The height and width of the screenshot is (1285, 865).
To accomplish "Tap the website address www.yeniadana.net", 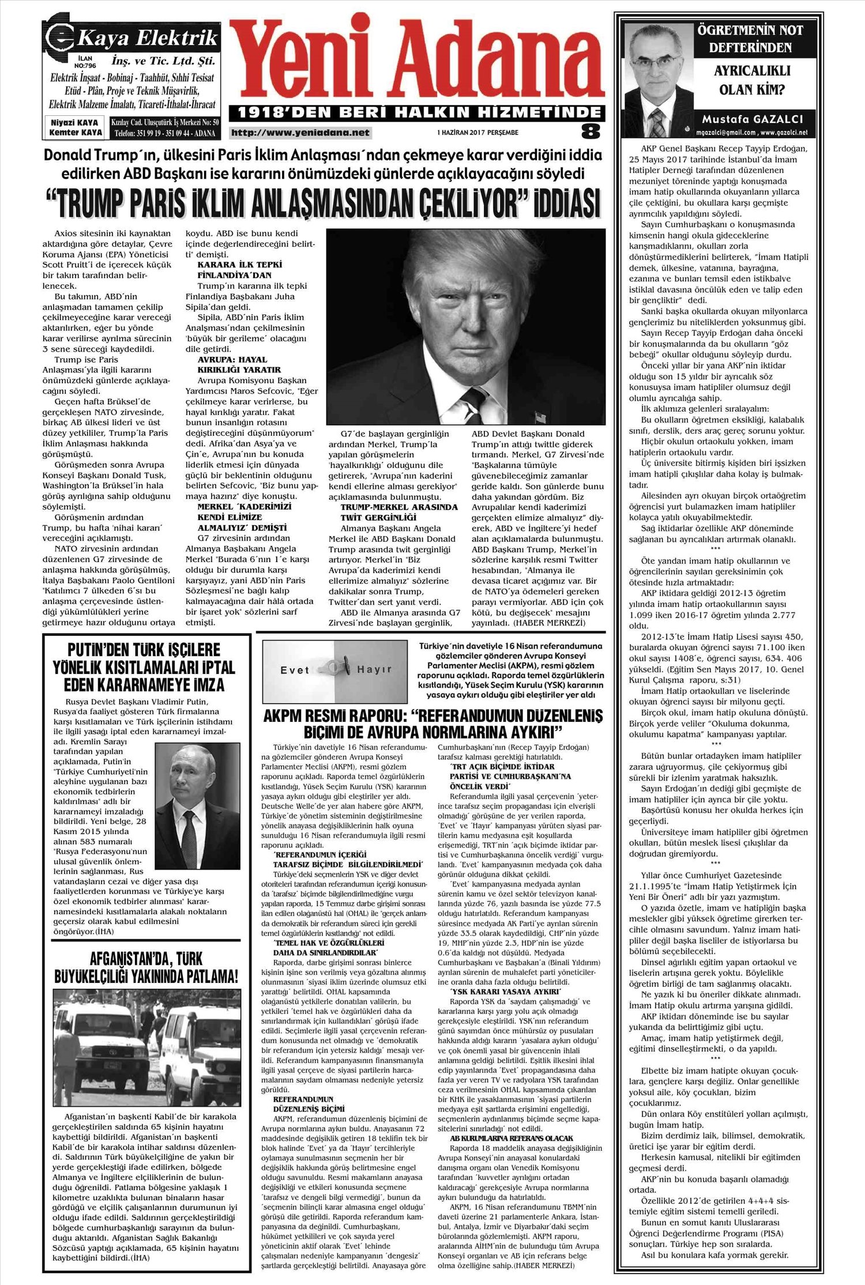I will (300, 133).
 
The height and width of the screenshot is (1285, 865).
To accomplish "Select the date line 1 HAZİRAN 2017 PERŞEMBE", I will (478, 133).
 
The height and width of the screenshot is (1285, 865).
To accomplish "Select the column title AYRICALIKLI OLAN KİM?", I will (752, 80).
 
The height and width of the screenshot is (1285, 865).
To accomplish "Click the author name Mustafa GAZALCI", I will (752, 119).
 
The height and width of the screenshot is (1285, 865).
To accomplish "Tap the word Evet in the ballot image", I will (295, 670).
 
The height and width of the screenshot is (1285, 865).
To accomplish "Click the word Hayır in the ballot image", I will (374, 669).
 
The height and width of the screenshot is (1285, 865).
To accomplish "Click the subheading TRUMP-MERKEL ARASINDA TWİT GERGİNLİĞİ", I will (399, 512).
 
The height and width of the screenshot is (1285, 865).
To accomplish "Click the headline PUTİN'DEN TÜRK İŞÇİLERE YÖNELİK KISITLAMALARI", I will (144, 658).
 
